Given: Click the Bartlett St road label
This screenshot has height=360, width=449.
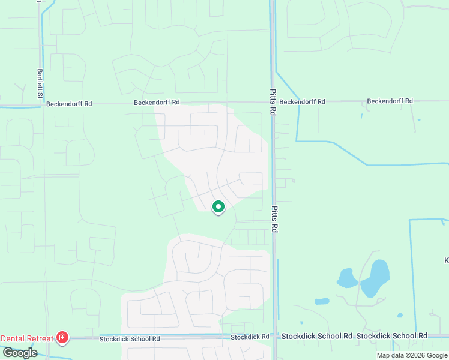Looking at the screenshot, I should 40,83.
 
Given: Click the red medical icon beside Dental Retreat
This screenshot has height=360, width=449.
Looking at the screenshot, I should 61,338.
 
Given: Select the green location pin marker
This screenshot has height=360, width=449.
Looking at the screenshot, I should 218,208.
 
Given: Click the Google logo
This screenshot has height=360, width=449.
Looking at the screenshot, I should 20,353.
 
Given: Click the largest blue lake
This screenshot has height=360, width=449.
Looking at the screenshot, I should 375,278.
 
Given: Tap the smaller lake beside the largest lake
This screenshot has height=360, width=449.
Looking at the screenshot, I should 347,277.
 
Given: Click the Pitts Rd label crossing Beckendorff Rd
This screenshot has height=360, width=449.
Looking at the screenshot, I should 273,101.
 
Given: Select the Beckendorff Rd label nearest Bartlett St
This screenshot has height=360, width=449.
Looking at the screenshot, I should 70,103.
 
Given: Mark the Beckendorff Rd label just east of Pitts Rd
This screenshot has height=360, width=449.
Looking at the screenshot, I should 302,102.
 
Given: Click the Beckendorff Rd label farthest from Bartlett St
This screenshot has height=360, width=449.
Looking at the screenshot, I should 390,101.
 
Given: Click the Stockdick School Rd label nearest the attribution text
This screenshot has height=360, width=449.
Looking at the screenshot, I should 392,337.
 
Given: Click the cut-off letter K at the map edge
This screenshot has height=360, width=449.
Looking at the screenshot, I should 446,260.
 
